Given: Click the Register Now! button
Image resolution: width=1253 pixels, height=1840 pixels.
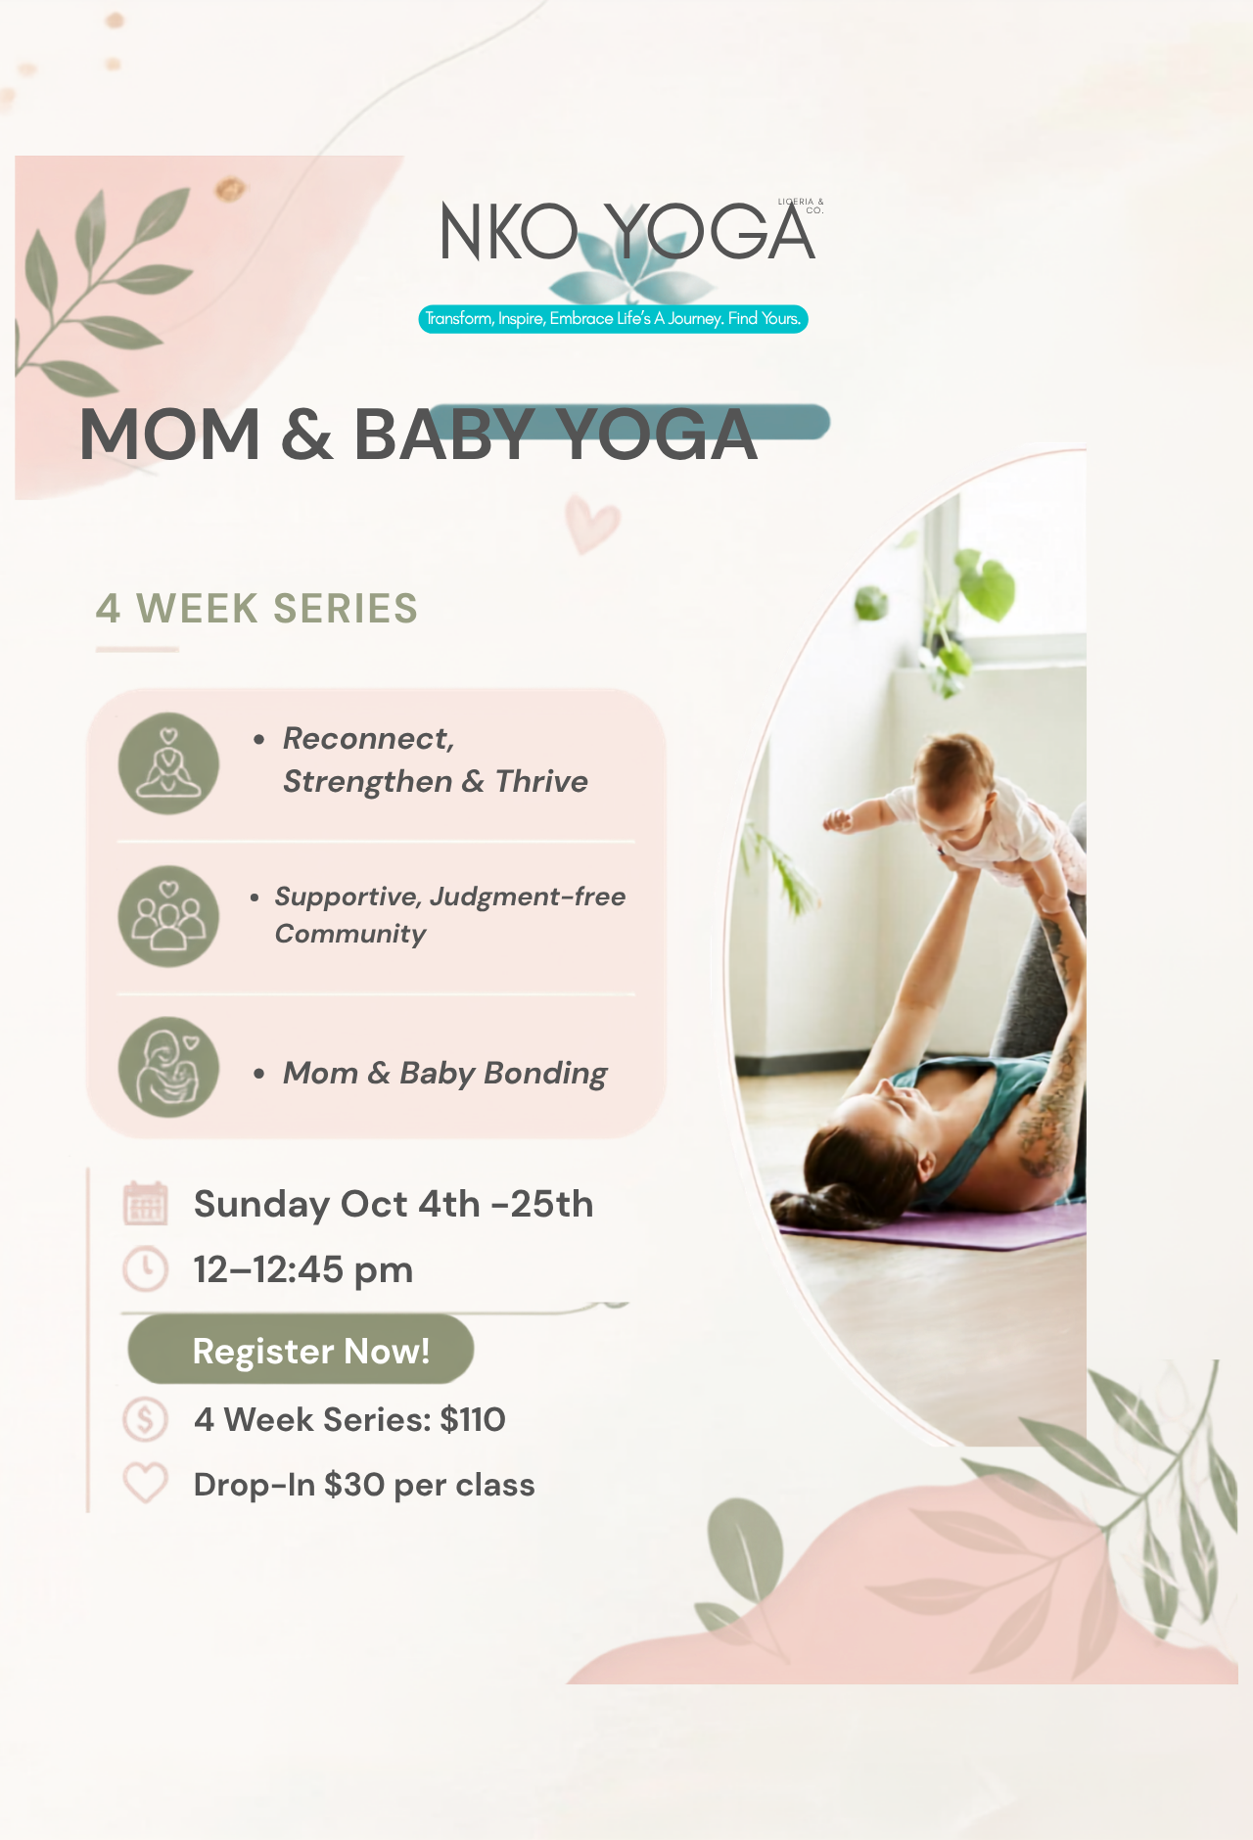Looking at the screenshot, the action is point(301,1349).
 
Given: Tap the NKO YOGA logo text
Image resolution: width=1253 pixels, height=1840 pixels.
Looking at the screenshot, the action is point(626,233).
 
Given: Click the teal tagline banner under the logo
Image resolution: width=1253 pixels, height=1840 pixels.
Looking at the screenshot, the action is point(613,319).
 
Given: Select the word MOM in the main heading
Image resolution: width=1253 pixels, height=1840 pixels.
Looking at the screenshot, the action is point(169,435).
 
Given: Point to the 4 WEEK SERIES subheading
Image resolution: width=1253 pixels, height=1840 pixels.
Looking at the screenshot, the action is point(256,609).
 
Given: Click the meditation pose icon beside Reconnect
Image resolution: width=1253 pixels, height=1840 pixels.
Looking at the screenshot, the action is point(168,763).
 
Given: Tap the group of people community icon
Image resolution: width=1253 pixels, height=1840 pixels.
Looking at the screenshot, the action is point(168,916).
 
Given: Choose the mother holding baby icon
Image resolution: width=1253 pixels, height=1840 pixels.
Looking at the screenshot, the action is point(168,1068).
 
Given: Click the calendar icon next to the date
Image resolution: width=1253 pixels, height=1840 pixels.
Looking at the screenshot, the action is point(146,1204).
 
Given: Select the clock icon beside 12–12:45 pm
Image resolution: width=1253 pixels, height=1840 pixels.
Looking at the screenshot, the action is point(145,1269).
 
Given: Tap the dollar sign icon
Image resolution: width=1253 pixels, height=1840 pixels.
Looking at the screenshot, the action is point(145,1419).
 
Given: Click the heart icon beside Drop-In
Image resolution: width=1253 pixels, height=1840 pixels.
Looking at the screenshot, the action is point(145,1484).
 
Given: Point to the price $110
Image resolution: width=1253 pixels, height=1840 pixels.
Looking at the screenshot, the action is point(473,1419).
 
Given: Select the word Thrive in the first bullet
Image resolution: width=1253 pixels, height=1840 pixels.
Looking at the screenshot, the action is point(541,781).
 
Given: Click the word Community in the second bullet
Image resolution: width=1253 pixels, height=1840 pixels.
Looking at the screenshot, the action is point(350,934).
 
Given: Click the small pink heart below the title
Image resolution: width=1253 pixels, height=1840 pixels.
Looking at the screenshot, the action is point(592,524).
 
